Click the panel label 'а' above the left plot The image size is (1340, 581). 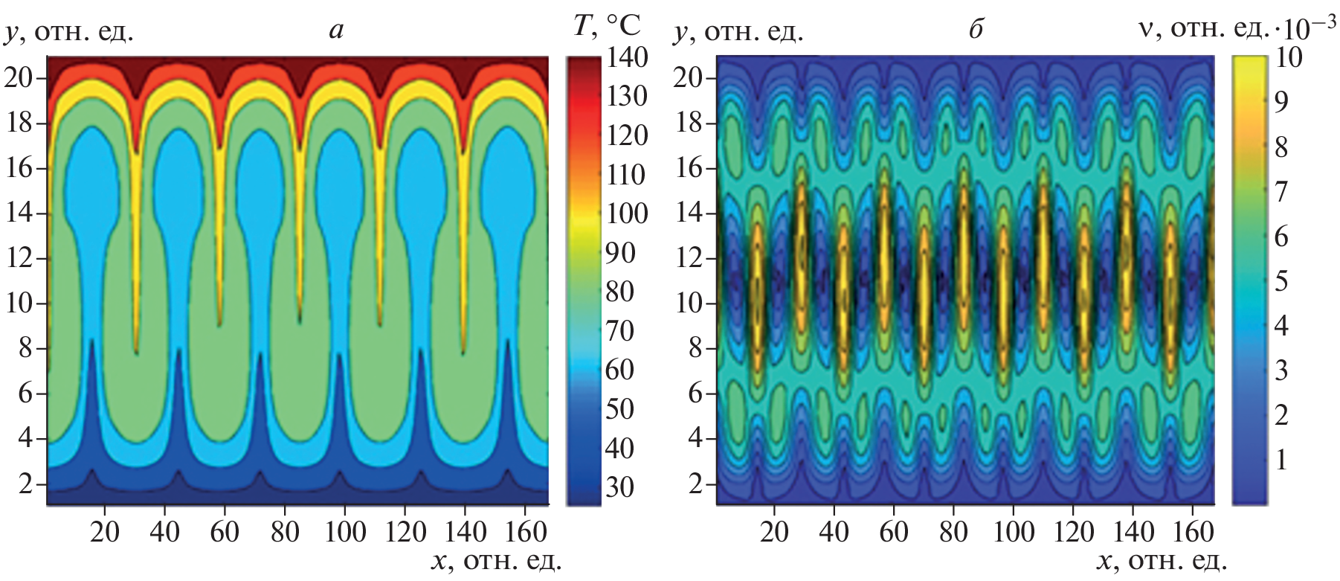click(336, 31)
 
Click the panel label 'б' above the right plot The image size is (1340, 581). click(976, 30)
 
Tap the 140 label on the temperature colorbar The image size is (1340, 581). click(626, 57)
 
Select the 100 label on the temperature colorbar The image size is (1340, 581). click(626, 214)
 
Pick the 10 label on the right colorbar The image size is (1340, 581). click(1288, 57)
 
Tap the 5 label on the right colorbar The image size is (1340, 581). click(1281, 281)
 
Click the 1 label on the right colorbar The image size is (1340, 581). click(1281, 460)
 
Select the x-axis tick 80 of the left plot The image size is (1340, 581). click(285, 532)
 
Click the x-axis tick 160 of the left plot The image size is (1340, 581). click(525, 532)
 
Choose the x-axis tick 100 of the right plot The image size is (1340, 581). click(1014, 532)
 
